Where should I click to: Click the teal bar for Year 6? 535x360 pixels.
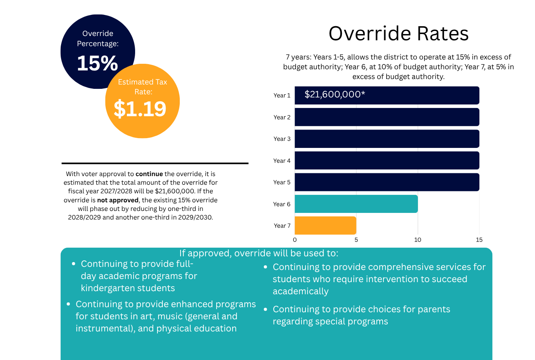(x=356, y=204)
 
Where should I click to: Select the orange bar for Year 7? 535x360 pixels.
(x=325, y=225)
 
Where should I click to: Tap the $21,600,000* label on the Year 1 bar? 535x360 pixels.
(x=335, y=94)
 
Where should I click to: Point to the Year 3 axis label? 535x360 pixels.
(x=282, y=139)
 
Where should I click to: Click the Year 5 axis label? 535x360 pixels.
(x=282, y=182)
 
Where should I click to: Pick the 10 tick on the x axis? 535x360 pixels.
(x=418, y=240)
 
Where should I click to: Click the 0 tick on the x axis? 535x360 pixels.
(x=295, y=240)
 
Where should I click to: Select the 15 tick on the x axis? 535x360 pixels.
(x=479, y=240)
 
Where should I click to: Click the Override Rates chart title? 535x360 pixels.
(x=398, y=33)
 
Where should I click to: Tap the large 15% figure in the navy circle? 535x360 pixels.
(x=98, y=63)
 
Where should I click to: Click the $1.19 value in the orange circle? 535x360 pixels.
(x=140, y=109)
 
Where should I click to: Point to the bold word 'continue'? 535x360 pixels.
(x=149, y=174)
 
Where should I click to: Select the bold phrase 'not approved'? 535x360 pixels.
(x=118, y=200)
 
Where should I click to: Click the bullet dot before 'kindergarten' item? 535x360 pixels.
(x=74, y=264)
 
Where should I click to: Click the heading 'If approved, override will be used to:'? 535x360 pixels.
(x=259, y=253)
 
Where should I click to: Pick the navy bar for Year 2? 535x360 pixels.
(x=387, y=117)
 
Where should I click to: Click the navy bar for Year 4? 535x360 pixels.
(x=387, y=160)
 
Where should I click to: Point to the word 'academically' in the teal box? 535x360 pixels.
(x=301, y=291)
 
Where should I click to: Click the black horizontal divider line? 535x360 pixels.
(x=155, y=164)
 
